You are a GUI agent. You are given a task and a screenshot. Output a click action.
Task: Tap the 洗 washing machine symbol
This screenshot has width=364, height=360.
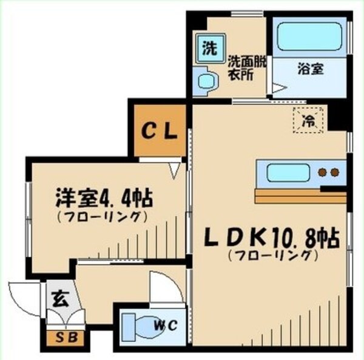(208, 49)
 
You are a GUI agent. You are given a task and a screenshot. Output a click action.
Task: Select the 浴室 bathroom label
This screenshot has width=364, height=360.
(310, 69)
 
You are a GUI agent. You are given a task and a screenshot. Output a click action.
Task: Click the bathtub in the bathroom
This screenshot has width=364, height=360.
(309, 37)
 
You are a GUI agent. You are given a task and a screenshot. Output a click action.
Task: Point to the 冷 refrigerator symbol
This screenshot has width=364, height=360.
(309, 119)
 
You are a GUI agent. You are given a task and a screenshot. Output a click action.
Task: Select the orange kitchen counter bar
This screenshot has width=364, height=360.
(300, 196)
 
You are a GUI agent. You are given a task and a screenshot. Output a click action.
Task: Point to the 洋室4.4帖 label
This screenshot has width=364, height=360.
(103, 198)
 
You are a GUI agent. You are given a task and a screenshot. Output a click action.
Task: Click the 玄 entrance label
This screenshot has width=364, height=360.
(59, 299)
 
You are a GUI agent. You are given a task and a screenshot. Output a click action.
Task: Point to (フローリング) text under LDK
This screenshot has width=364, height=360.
(272, 256)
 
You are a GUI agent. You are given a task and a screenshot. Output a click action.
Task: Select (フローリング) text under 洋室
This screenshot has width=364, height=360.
(103, 216)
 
